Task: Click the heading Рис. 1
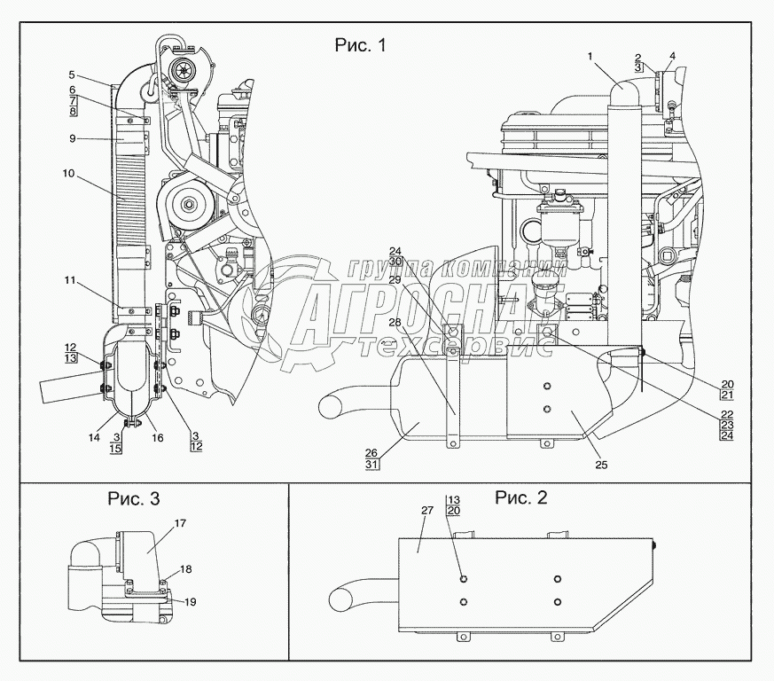(360, 45)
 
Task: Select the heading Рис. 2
(521, 497)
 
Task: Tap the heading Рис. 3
(134, 498)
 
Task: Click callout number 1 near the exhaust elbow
(590, 57)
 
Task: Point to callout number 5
(72, 75)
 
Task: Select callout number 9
(73, 138)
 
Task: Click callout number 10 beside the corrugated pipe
(68, 173)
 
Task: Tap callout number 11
(70, 280)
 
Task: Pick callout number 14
(94, 437)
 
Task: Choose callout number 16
(158, 437)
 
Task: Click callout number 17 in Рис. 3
(180, 523)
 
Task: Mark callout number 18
(185, 569)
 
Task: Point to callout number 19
(191, 602)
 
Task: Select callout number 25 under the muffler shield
(601, 465)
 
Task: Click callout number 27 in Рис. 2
(427, 510)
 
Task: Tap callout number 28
(395, 323)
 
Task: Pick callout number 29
(395, 279)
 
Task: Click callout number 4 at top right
(672, 56)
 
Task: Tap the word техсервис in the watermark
(454, 348)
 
